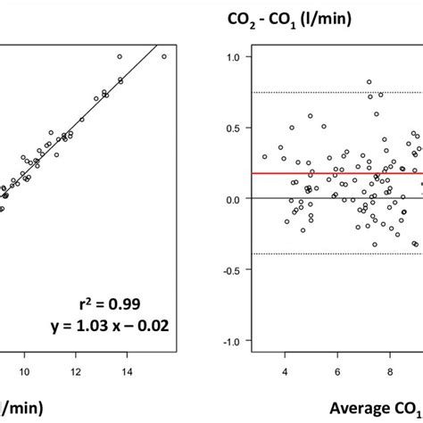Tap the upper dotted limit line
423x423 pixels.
point(312,93)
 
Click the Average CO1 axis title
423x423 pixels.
point(375,408)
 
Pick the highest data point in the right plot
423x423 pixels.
point(369,82)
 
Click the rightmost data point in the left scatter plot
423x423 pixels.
point(163,56)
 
